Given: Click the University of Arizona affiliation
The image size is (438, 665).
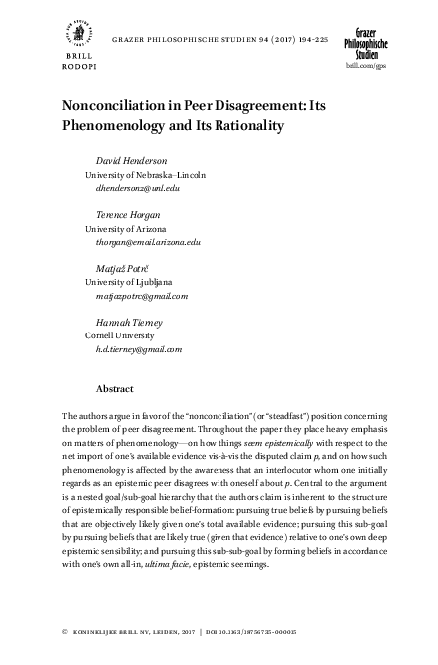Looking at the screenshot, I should [129, 229].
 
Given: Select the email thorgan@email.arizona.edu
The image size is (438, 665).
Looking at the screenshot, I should [143, 242].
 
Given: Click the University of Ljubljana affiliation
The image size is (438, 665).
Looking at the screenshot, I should [131, 283].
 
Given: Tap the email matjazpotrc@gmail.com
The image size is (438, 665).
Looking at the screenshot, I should [136, 297].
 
